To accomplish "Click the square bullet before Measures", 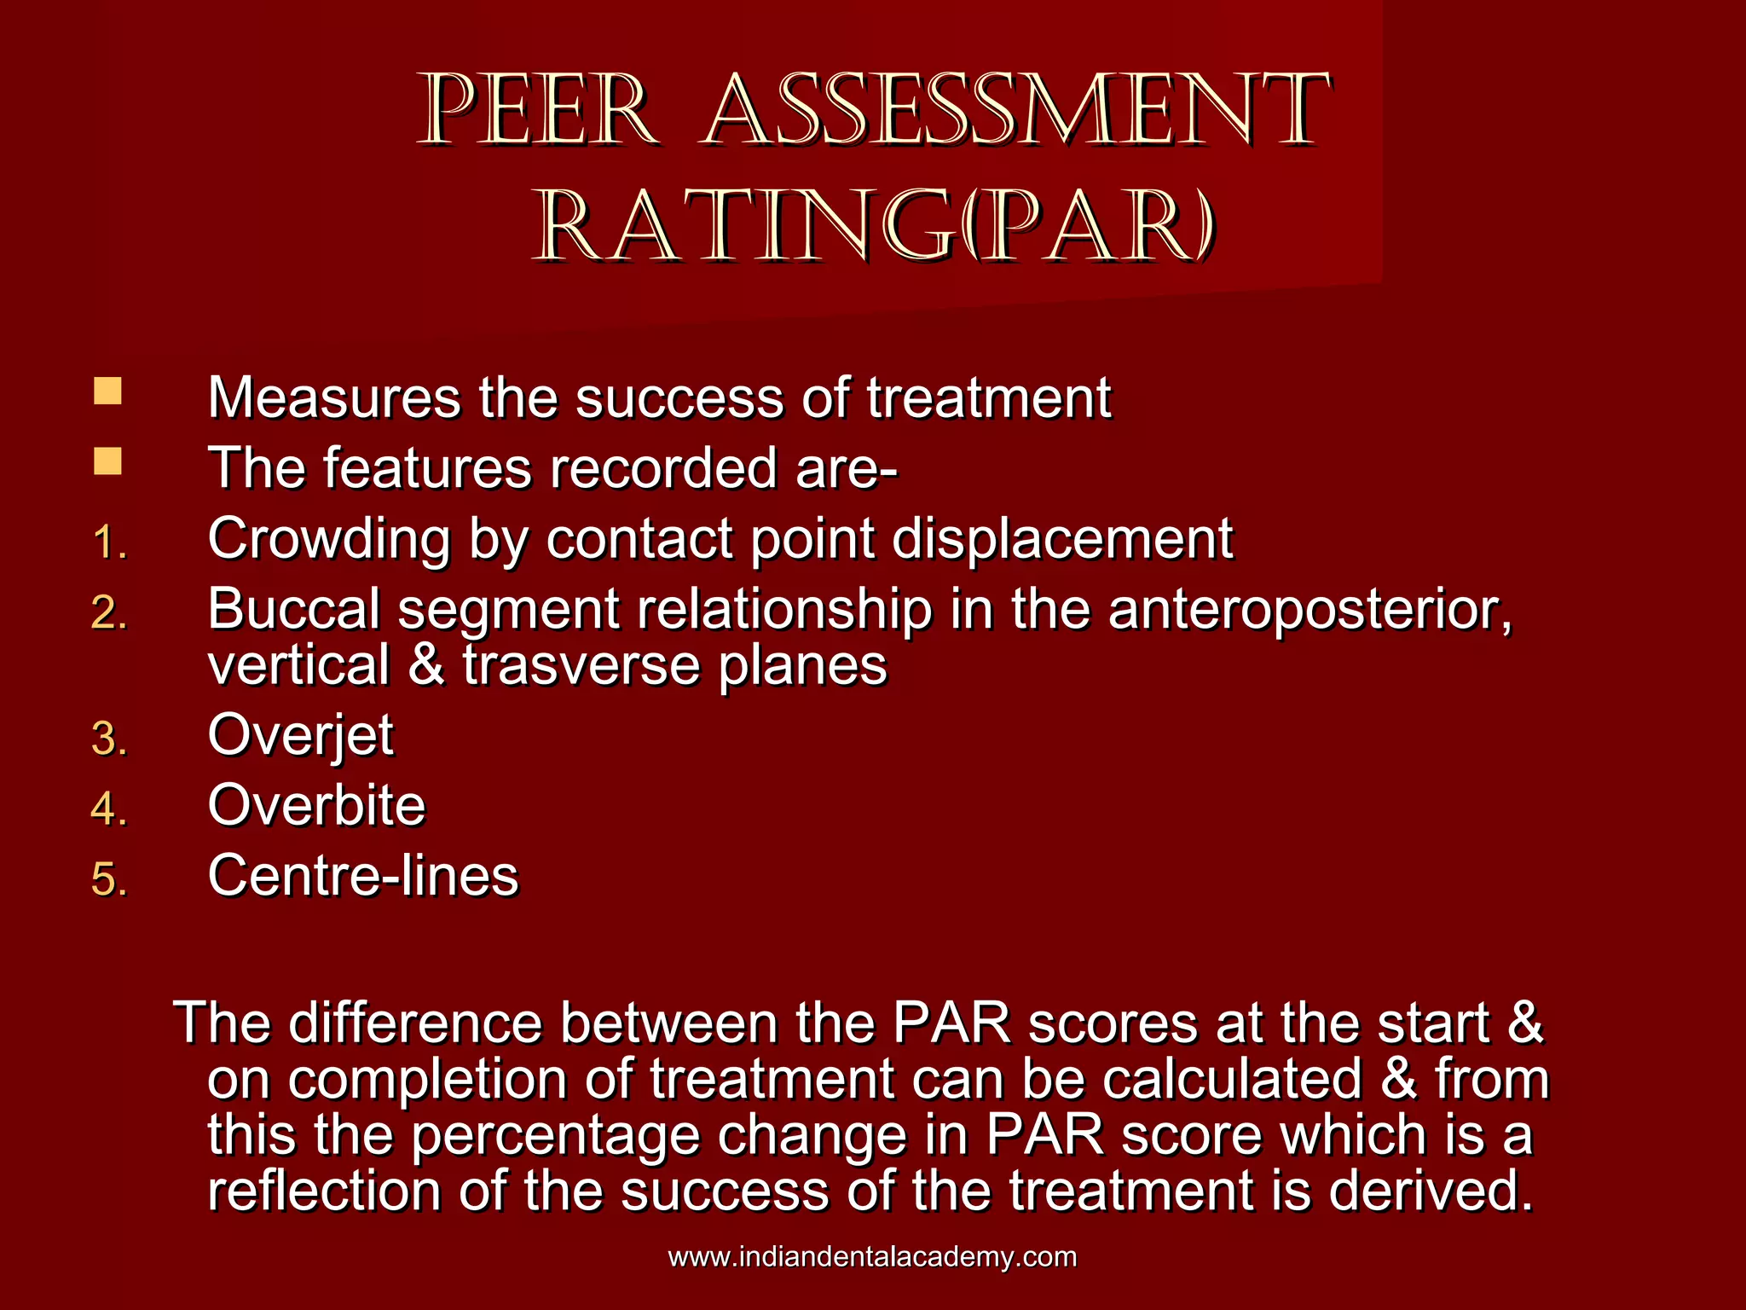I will point(107,391).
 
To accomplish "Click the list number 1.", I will point(109,543).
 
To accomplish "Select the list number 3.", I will point(109,739).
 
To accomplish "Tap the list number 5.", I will point(109,879).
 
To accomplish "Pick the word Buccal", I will point(294,611).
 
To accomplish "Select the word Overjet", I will point(300,736).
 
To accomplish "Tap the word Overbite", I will point(316,805).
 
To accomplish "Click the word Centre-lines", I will point(363,876).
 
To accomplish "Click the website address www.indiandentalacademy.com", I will point(872,1257).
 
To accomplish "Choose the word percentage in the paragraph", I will point(554,1138).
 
